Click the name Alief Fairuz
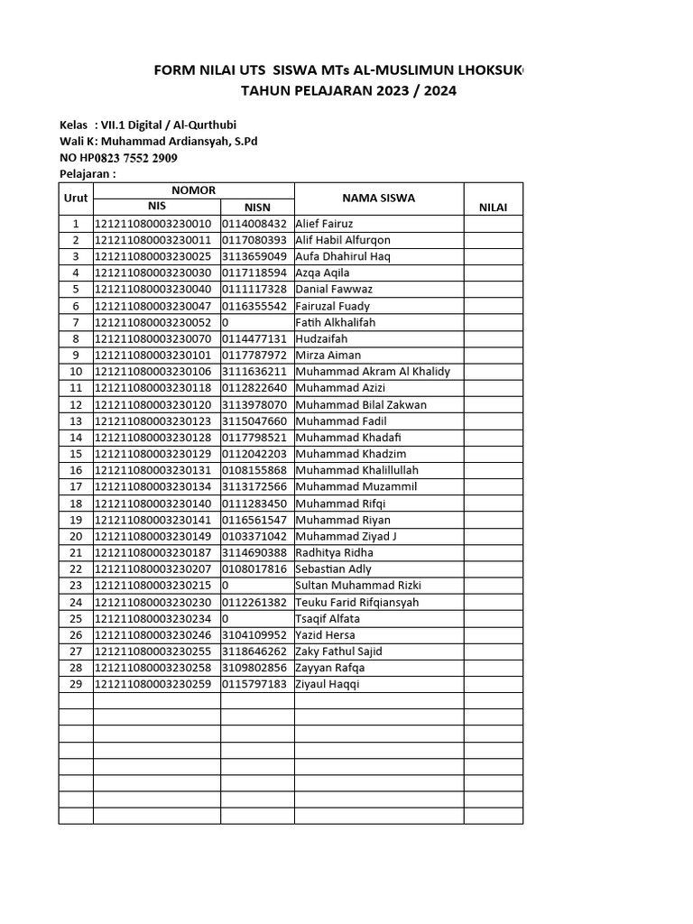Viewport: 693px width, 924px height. (324, 224)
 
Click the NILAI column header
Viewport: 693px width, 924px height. (493, 208)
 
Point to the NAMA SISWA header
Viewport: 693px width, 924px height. (378, 199)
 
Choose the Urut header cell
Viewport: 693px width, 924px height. (76, 199)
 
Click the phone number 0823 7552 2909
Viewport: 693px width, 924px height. (134, 158)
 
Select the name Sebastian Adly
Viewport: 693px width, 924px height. (333, 568)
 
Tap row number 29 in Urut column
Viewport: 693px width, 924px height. (76, 684)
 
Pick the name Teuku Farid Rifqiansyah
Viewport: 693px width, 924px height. (356, 602)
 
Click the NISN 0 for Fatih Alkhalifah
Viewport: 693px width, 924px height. (225, 322)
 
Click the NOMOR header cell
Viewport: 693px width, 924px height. (194, 189)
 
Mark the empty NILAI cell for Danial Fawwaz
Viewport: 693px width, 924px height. (493, 290)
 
